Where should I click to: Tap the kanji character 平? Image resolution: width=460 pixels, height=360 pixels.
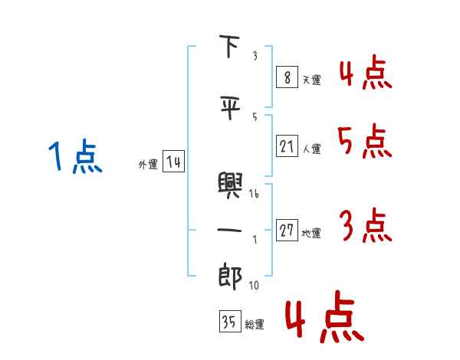(230, 109)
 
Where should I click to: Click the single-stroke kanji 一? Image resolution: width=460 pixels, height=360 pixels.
(230, 230)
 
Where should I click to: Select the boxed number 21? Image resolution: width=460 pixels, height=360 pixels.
(287, 146)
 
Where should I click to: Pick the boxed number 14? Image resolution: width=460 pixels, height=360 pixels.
(173, 162)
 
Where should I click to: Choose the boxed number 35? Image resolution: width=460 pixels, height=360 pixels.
(229, 322)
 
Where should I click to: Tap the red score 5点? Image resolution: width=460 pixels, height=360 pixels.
(363, 142)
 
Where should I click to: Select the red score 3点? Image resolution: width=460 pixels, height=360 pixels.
(365, 227)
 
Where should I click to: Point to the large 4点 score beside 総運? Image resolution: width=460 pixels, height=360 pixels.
(323, 318)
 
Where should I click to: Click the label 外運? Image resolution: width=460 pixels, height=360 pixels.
(147, 164)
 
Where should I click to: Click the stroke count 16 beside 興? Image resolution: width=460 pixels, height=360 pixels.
(255, 195)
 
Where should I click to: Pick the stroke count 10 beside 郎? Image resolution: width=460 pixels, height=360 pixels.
(254, 286)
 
